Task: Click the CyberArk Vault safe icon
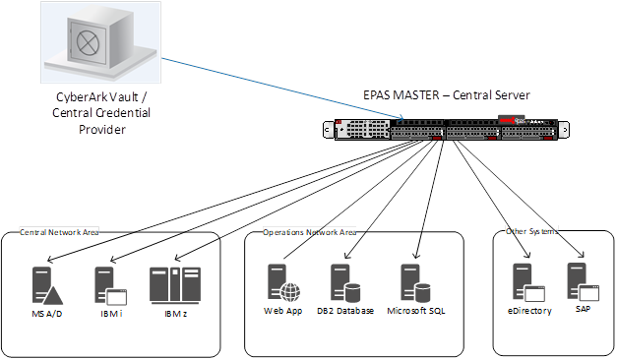[98, 44]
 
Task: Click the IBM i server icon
[107, 286]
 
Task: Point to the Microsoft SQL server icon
[417, 282]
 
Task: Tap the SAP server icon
[584, 280]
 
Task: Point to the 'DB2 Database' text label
[345, 311]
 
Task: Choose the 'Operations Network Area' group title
[310, 232]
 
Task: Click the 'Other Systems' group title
[530, 232]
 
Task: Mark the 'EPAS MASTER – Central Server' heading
[447, 95]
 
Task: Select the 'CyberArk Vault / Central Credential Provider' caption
[97, 113]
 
